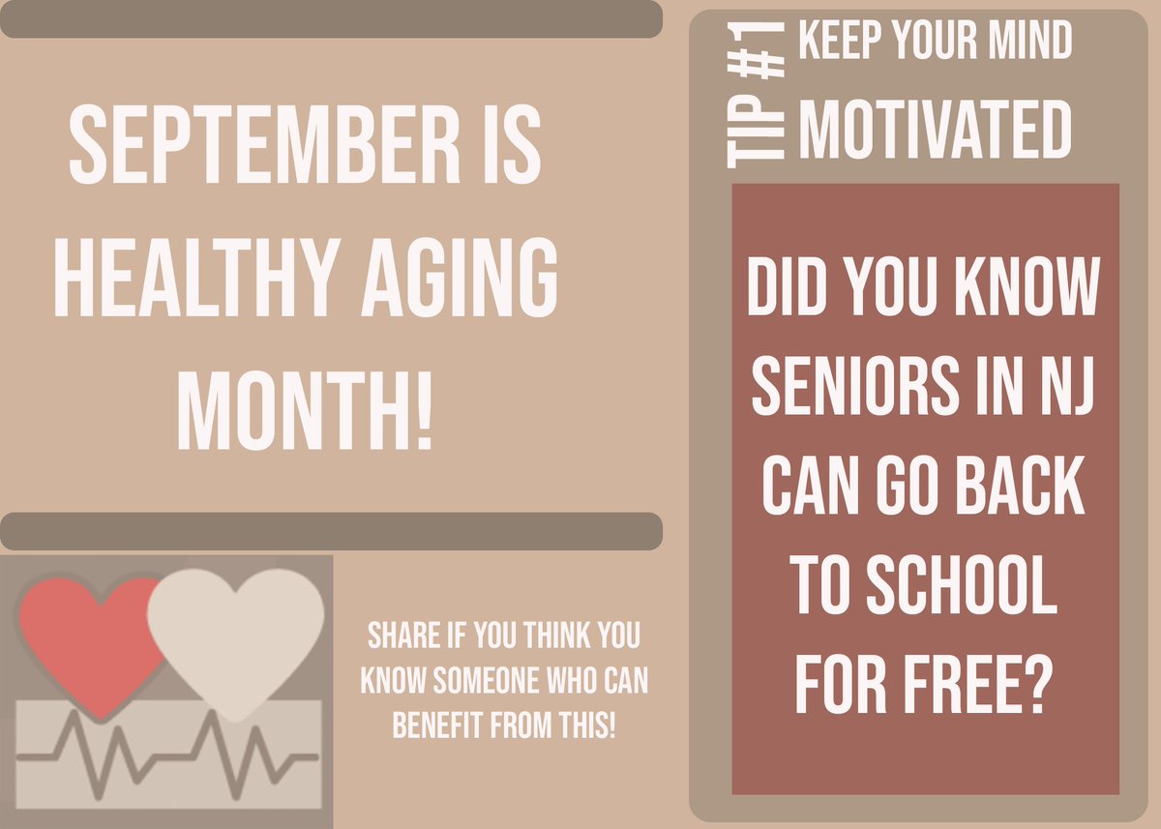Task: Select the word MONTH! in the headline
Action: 305,398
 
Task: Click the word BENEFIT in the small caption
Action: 430,726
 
